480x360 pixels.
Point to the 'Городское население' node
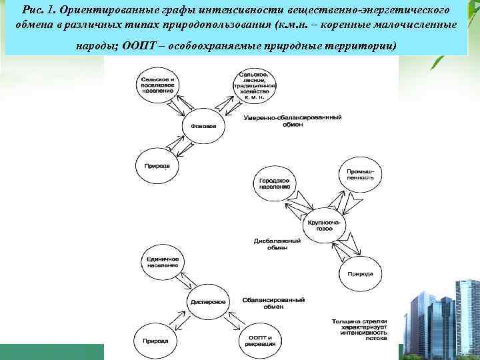tap(273, 183)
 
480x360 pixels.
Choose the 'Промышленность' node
tap(360, 175)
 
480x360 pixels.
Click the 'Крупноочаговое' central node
tap(323, 224)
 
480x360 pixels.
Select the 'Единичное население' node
tap(161, 261)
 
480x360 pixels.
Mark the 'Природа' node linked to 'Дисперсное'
tap(155, 340)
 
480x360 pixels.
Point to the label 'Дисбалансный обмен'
tap(271, 243)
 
